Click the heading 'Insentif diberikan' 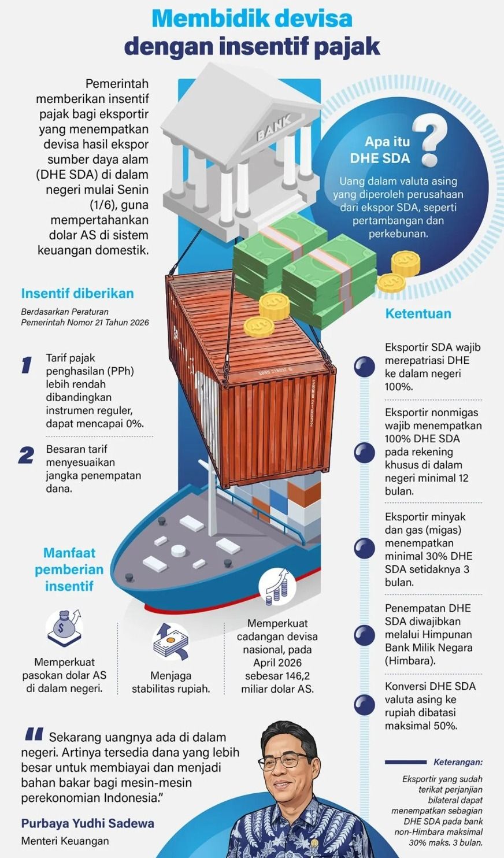(77, 293)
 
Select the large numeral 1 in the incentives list (27, 365)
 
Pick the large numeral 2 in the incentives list (26, 456)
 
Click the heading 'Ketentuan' (418, 313)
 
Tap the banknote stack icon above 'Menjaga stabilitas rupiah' (171, 642)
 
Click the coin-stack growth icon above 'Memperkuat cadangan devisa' (277, 589)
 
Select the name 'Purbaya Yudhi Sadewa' (88, 823)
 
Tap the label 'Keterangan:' (458, 762)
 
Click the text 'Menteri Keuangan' (65, 841)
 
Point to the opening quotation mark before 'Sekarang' (34, 734)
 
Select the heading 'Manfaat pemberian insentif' (69, 569)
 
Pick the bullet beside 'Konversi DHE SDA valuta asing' (364, 705)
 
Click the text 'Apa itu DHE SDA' (380, 150)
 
